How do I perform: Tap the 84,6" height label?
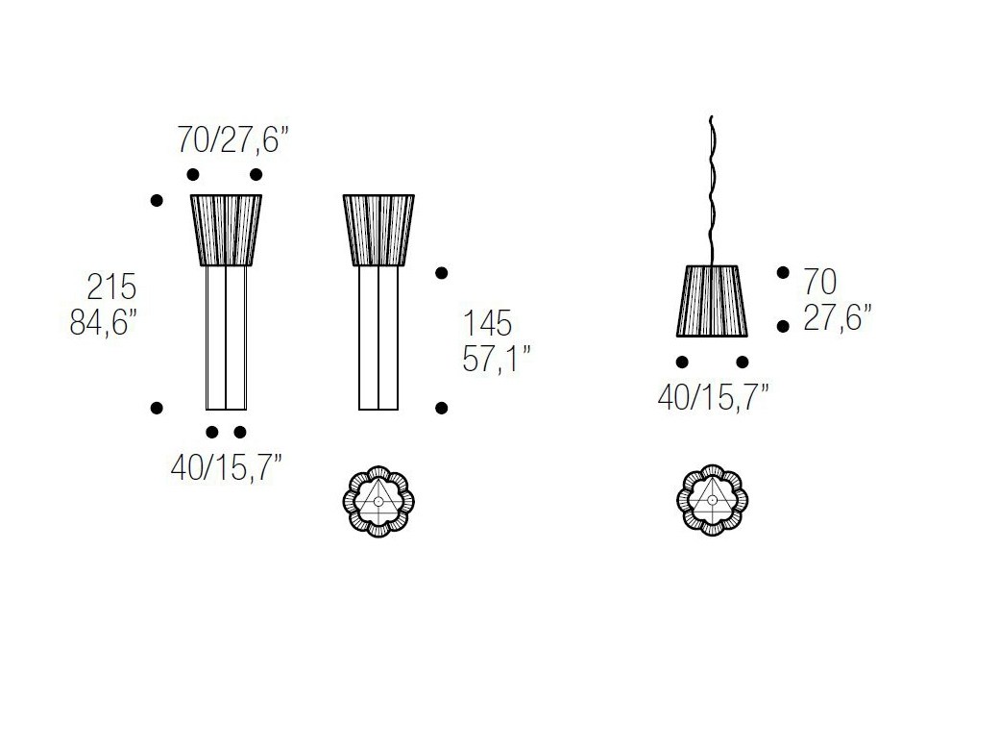103,323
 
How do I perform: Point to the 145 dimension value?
487,323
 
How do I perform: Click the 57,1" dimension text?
497,359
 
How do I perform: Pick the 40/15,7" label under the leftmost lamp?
226,468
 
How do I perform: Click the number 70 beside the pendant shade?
820,282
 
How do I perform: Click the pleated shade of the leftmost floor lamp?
226,230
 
